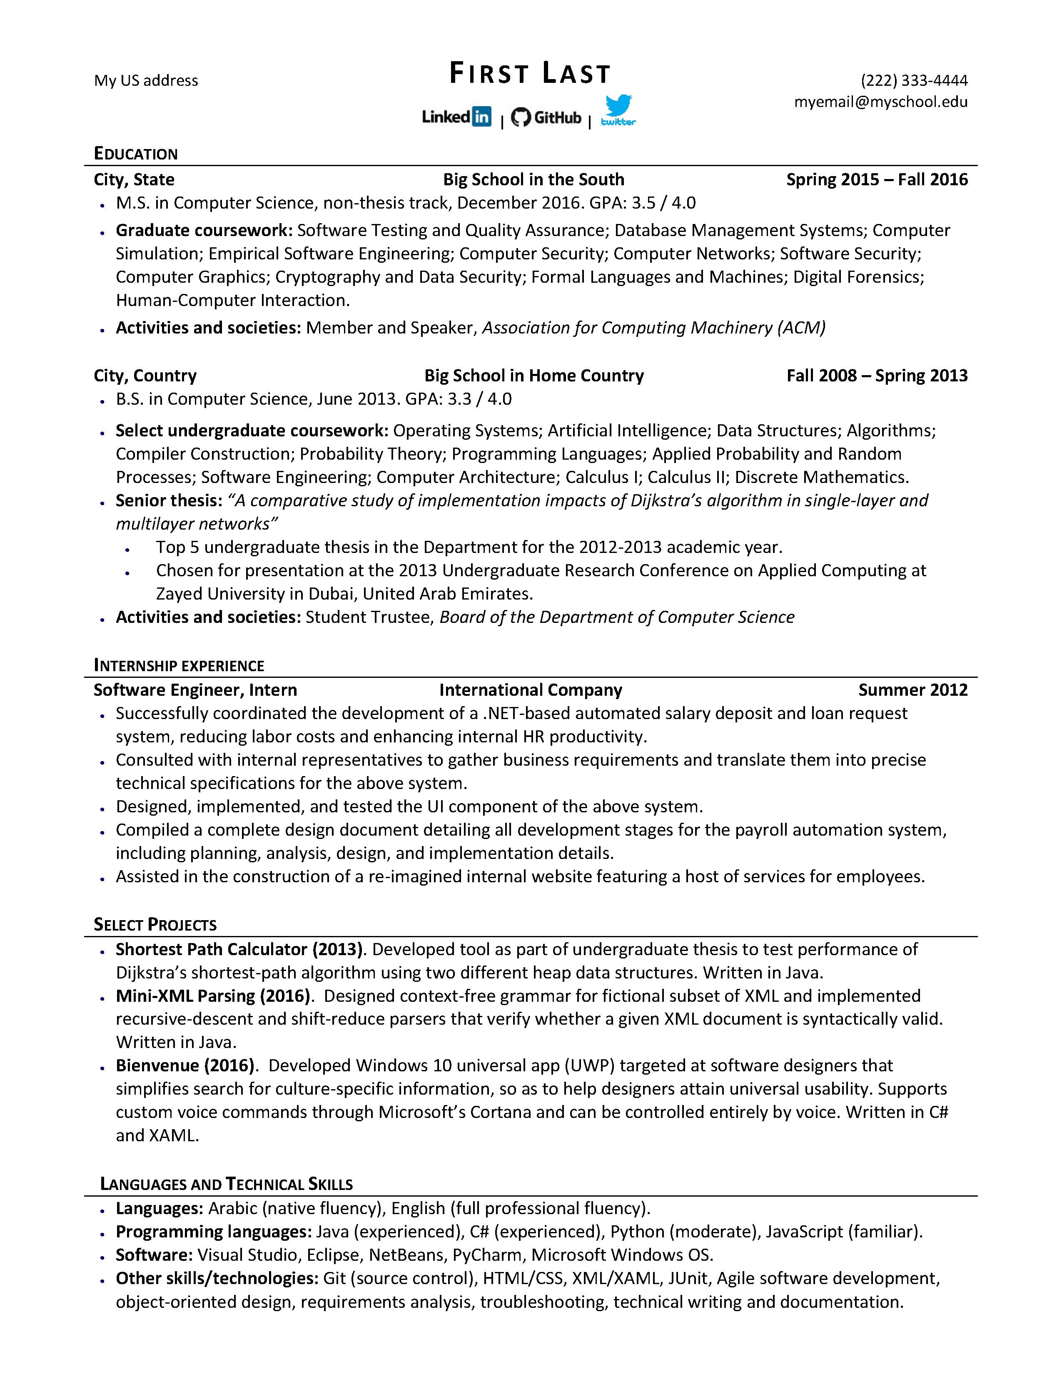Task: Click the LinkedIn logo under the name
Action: pyautogui.click(x=456, y=117)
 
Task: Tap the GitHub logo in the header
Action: pyautogui.click(x=546, y=117)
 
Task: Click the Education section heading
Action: pyautogui.click(x=136, y=154)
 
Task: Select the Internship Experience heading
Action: pyautogui.click(x=179, y=666)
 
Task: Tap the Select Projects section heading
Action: pyautogui.click(x=155, y=924)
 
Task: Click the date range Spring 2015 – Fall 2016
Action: pyautogui.click(x=876, y=180)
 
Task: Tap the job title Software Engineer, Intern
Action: pyautogui.click(x=195, y=690)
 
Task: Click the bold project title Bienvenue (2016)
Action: pyautogui.click(x=185, y=1066)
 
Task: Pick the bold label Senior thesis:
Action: pyautogui.click(x=169, y=501)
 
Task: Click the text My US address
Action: pyautogui.click(x=146, y=80)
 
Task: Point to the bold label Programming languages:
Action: pyautogui.click(x=213, y=1232)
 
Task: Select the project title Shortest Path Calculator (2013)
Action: pyautogui.click(x=239, y=949)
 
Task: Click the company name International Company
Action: pyautogui.click(x=530, y=690)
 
